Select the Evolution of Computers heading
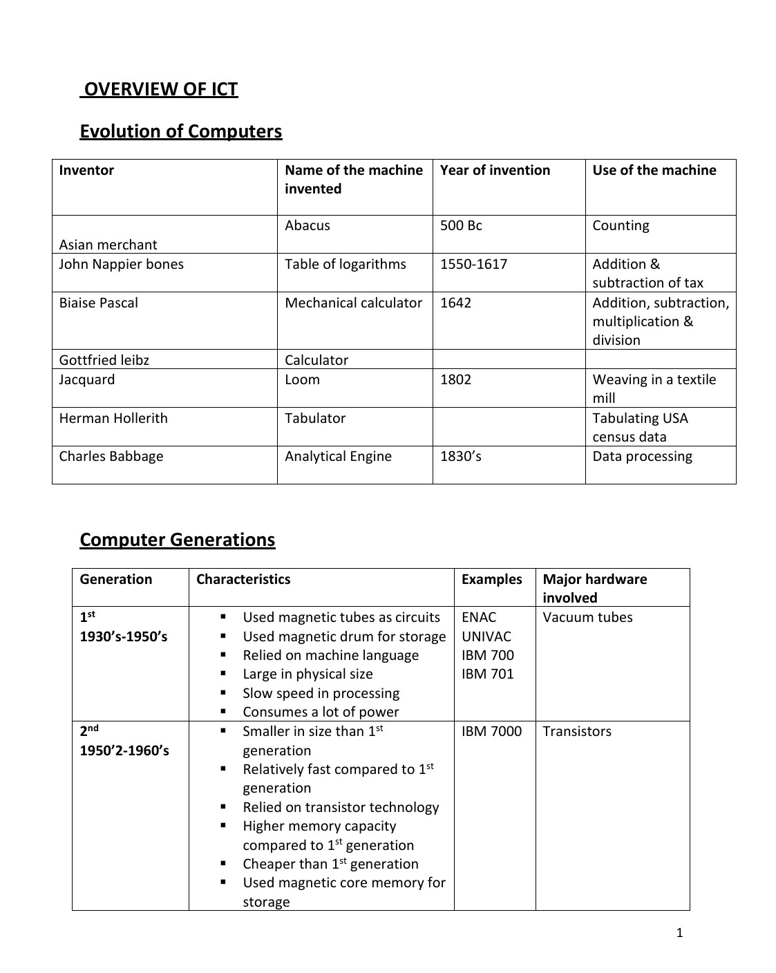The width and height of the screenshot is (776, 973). click(180, 131)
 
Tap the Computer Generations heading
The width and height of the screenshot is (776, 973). click(177, 540)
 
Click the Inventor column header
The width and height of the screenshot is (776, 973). click(86, 170)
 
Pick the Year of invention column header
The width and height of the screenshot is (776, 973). click(495, 170)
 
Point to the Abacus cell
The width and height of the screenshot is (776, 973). click(307, 225)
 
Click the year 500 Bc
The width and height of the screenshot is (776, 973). click(461, 225)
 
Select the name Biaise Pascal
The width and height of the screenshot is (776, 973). click(98, 303)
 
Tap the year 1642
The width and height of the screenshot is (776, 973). click(455, 303)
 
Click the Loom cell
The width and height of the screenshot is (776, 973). click(302, 379)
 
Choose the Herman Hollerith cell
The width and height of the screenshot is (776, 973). click(113, 418)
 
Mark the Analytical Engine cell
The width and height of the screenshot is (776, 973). click(338, 456)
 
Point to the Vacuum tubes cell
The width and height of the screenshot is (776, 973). click(587, 617)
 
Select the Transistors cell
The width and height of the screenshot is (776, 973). click(577, 731)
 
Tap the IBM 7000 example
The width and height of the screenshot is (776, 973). click(491, 731)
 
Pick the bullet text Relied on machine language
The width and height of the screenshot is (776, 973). click(330, 655)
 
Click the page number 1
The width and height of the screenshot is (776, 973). click(679, 933)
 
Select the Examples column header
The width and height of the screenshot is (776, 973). click(491, 579)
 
